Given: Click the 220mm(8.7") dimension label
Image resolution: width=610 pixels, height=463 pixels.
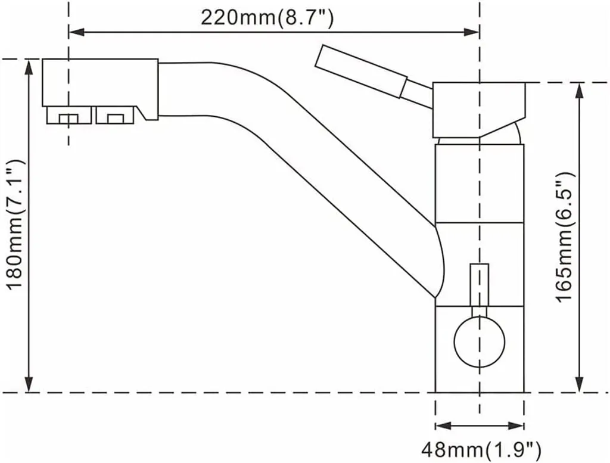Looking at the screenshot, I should click(x=266, y=18).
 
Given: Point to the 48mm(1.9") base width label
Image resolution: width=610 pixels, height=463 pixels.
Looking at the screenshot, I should click(x=481, y=447).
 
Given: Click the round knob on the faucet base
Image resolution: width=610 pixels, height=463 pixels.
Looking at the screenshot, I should click(x=479, y=342).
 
